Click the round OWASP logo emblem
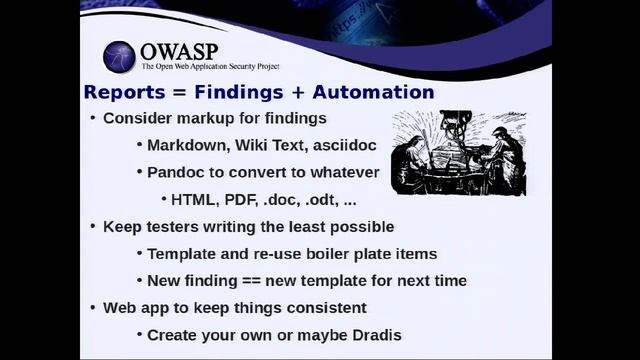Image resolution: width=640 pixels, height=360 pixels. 119,57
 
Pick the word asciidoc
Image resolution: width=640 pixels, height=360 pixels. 351,145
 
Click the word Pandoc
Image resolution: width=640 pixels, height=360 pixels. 177,172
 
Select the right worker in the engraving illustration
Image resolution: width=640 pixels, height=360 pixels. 504,155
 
